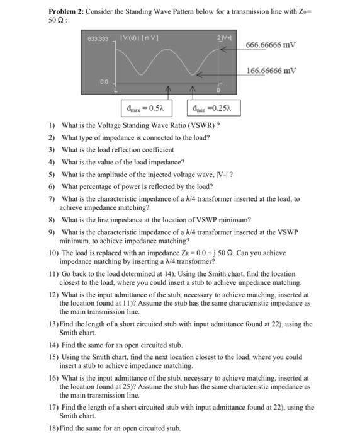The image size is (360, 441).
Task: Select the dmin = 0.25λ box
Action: [x=212, y=108]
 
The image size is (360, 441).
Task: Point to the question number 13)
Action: [x=55, y=324]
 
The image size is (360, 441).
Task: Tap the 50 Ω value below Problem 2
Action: [x=57, y=21]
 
